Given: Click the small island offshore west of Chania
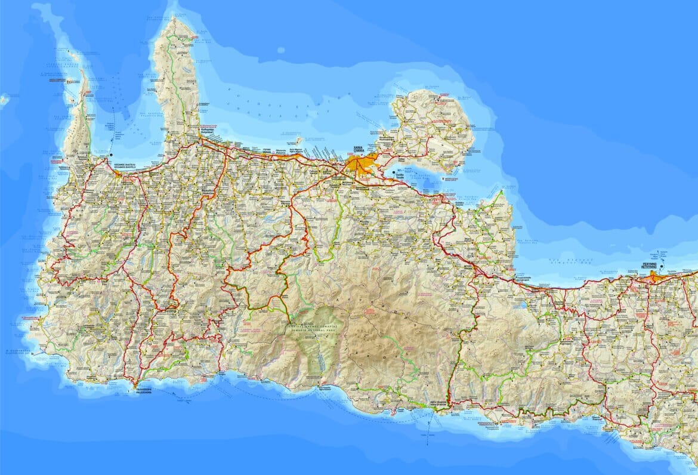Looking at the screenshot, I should (298, 141).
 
